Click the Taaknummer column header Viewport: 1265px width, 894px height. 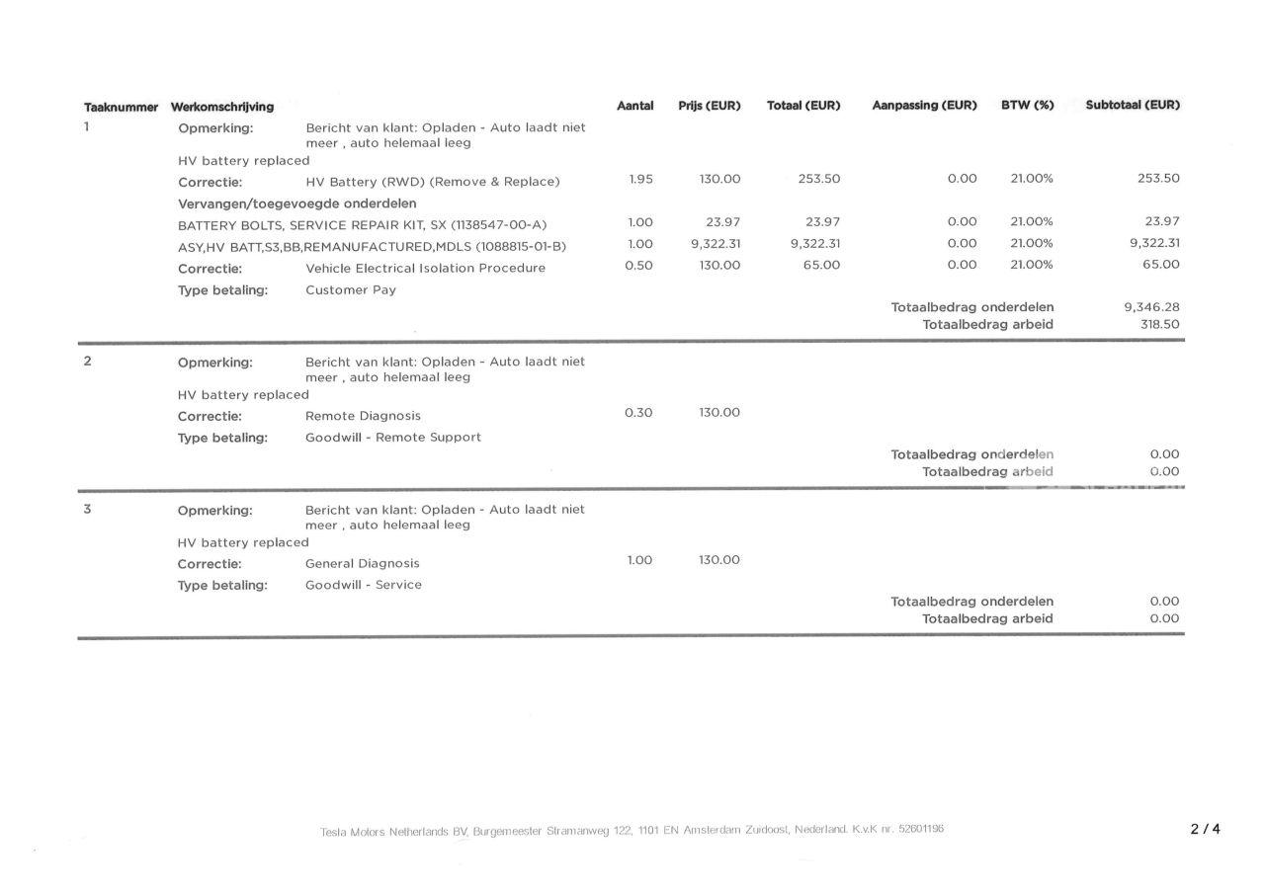(x=121, y=107)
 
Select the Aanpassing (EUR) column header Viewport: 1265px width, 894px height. (x=924, y=106)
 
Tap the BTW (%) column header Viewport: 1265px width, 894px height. (x=1027, y=106)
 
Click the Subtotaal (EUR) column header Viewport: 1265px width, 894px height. (x=1132, y=106)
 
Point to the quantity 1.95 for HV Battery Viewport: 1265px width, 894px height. (x=640, y=180)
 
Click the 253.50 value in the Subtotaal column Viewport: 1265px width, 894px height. (x=1158, y=179)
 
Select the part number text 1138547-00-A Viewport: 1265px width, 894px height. (x=498, y=225)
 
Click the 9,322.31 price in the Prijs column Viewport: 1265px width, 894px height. (x=716, y=244)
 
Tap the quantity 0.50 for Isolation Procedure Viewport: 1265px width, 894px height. (x=638, y=266)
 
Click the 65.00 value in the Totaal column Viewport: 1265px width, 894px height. (x=820, y=266)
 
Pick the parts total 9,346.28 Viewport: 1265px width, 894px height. (x=1151, y=307)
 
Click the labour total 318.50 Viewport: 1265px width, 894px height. (x=1159, y=324)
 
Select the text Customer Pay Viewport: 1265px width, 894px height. (x=351, y=290)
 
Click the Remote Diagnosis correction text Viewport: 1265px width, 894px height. (x=363, y=416)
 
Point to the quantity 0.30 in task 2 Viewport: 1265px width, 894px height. (x=638, y=413)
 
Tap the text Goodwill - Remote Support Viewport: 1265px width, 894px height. (x=392, y=438)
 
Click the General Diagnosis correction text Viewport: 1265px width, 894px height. (x=362, y=564)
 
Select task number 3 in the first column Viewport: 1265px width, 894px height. (x=87, y=510)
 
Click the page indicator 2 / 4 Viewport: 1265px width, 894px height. (x=1205, y=830)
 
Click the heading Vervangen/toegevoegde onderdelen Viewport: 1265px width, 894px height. (x=296, y=203)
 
